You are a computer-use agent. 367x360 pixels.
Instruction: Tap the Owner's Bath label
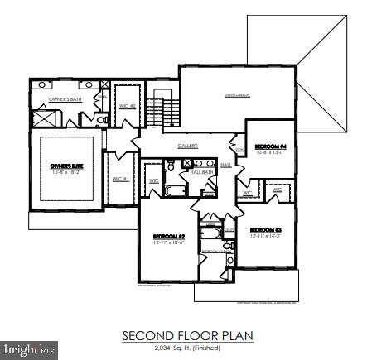click(x=65, y=99)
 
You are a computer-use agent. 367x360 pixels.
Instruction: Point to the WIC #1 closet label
click(x=121, y=178)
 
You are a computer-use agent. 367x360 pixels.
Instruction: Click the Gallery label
click(x=187, y=146)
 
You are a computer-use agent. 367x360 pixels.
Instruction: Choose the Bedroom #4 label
click(x=270, y=146)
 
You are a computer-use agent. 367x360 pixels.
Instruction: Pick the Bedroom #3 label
click(x=267, y=229)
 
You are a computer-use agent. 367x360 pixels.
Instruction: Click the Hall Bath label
click(x=202, y=172)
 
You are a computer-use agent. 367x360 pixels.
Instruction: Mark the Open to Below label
click(x=239, y=96)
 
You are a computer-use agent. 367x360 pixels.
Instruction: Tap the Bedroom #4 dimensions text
click(x=270, y=152)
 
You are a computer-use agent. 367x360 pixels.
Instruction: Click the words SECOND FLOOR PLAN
click(x=187, y=336)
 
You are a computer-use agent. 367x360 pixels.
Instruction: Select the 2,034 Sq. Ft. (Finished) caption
click(x=187, y=348)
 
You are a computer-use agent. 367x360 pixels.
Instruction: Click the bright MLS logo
click(x=31, y=351)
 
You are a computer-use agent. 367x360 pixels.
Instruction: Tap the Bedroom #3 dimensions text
click(x=267, y=235)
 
